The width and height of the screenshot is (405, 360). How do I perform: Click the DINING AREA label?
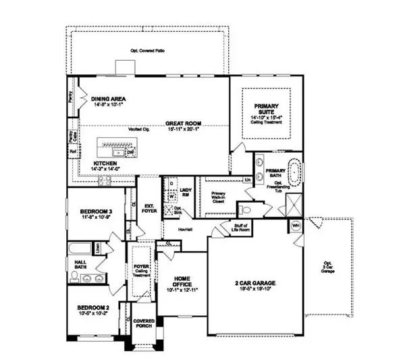[107, 99]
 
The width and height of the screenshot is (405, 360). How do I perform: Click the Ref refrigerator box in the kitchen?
[72, 152]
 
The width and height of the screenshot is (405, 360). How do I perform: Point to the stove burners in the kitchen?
[106, 180]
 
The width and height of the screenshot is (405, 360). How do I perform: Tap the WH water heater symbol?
[296, 225]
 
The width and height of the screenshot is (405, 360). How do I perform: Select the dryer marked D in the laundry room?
[171, 183]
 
